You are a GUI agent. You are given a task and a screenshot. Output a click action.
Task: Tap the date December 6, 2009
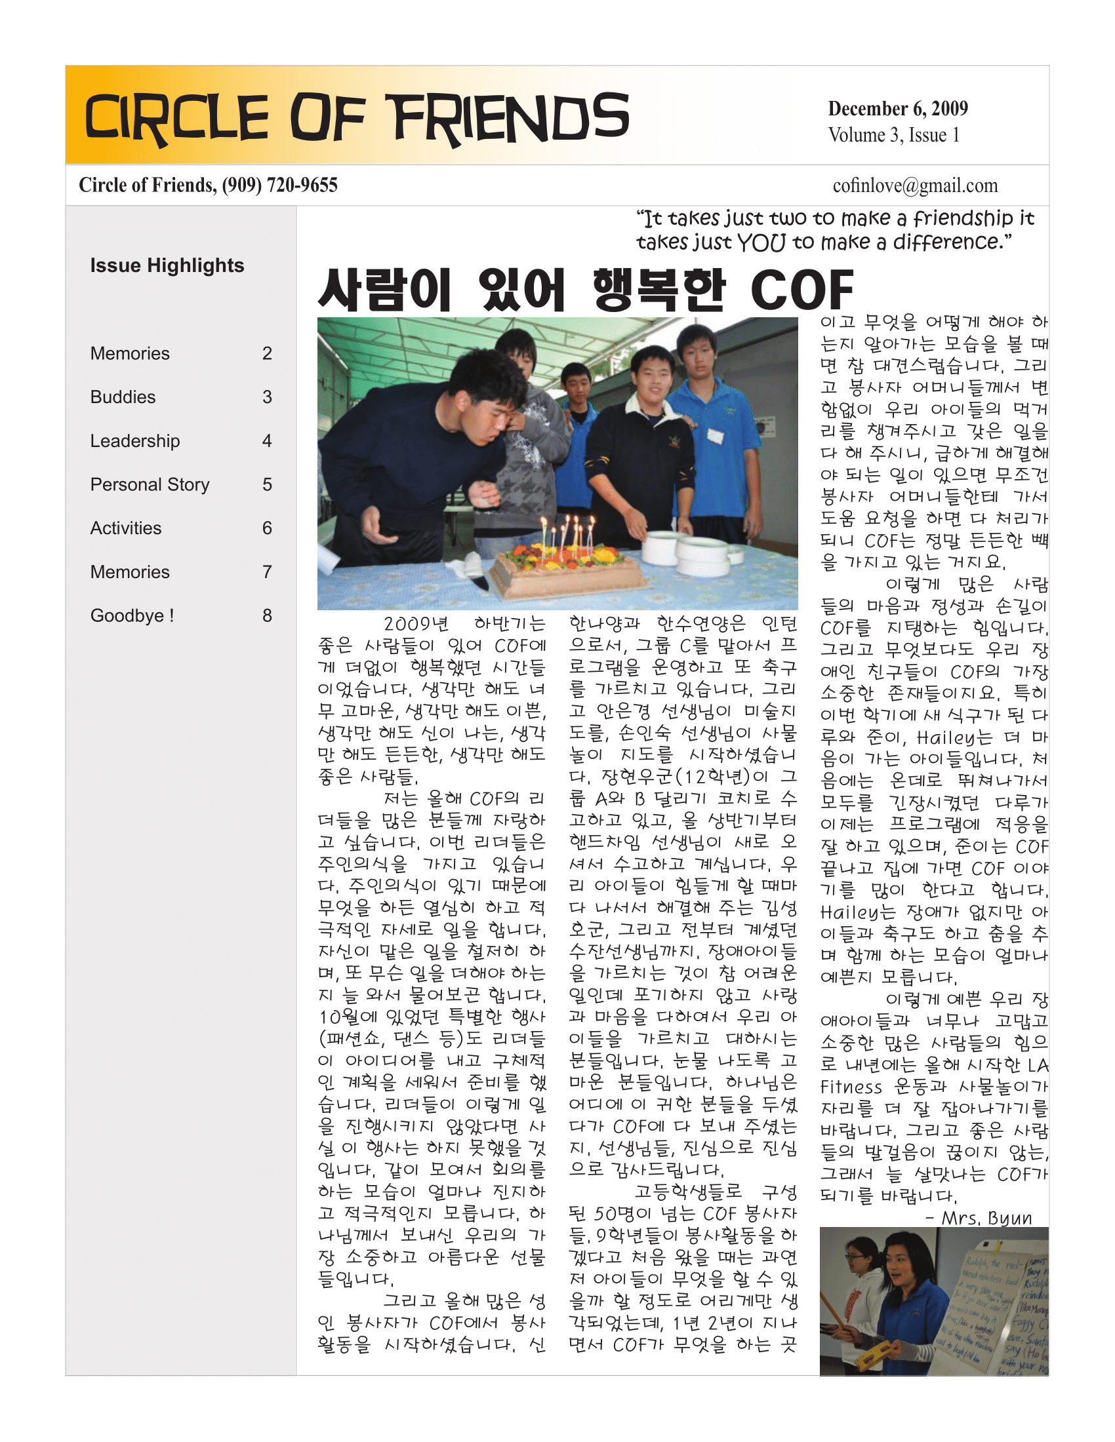click(898, 108)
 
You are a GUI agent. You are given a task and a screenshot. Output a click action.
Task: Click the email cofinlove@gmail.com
click(915, 186)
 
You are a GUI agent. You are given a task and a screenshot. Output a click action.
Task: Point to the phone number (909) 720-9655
click(279, 185)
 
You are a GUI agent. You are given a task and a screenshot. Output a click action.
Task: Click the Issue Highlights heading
click(167, 265)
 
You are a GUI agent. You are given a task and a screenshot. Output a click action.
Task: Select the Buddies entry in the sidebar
click(123, 397)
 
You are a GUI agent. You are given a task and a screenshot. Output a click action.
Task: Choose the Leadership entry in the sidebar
click(134, 441)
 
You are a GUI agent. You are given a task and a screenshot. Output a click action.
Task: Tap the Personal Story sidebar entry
click(150, 484)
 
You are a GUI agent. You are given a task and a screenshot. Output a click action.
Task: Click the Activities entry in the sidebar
click(125, 528)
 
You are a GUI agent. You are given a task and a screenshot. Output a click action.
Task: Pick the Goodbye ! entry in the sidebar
click(132, 615)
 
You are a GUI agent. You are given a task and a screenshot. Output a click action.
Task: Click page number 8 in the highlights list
click(267, 615)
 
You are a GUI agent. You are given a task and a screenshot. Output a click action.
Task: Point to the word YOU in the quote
click(761, 243)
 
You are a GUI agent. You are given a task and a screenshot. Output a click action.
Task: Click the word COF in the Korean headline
click(801, 290)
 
